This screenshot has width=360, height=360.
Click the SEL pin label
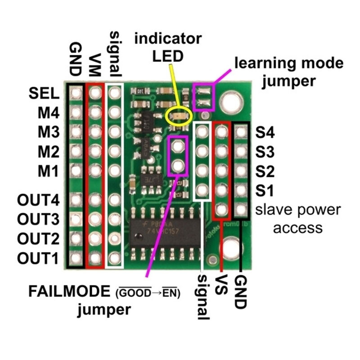(x=44, y=94)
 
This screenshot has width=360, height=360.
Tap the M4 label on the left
(x=49, y=113)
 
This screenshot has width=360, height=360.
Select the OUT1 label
(x=38, y=258)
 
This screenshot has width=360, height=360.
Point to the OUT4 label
(x=38, y=200)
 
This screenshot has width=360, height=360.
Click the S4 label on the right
(x=265, y=132)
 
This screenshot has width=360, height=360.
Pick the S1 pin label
(x=265, y=190)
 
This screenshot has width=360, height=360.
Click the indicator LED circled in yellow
(x=179, y=117)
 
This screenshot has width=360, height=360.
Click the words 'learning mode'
(x=289, y=63)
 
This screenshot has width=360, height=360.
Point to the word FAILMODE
(x=69, y=291)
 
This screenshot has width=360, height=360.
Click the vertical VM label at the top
(x=95, y=65)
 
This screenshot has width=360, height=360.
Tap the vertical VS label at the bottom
(x=221, y=284)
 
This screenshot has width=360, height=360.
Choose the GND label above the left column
(x=75, y=59)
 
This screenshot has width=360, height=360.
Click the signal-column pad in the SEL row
(x=114, y=93)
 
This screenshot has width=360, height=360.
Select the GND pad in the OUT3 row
(x=75, y=219)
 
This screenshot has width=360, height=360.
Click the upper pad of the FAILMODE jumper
(x=177, y=146)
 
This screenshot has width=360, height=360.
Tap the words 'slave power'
(x=298, y=210)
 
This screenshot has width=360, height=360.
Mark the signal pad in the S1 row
(x=202, y=190)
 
